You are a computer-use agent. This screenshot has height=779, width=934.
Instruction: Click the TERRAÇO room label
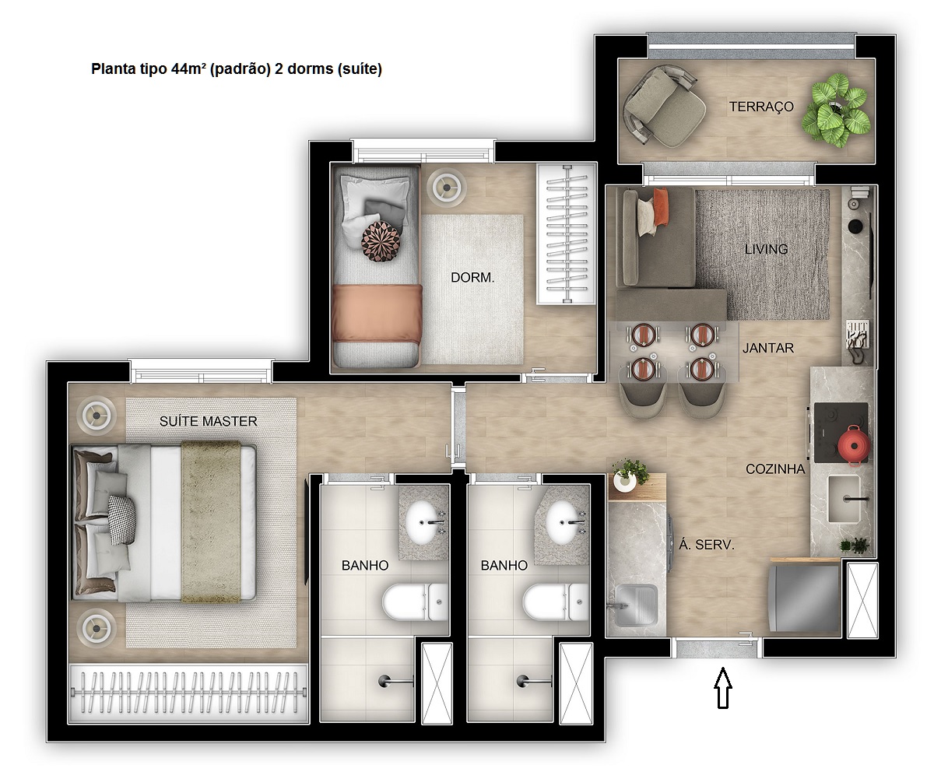[x=761, y=107]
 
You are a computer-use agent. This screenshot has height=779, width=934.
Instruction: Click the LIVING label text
[x=766, y=250]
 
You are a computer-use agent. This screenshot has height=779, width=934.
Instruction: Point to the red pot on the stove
[x=853, y=444]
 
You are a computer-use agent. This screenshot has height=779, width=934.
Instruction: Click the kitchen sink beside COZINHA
[x=844, y=499]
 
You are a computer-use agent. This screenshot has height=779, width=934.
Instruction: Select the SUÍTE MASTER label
[x=208, y=422]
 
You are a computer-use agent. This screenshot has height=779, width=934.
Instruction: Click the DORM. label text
[x=472, y=277]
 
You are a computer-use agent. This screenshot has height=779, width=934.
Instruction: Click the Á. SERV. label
[x=707, y=546]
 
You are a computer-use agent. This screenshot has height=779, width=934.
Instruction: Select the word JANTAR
[x=767, y=349]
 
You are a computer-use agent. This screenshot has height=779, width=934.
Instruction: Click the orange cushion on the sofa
[x=660, y=205]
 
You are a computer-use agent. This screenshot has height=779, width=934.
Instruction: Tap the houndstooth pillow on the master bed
[x=121, y=521]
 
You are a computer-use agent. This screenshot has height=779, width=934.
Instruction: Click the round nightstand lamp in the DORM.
[x=448, y=185]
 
